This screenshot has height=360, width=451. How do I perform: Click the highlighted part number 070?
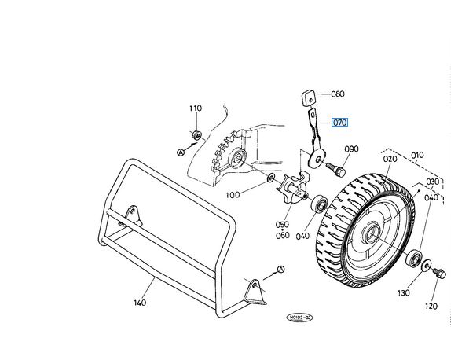[339, 123]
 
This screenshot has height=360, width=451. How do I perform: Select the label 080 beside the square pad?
[338, 94]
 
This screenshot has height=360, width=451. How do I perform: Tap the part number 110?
[196, 108]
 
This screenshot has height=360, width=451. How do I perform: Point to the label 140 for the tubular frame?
[140, 303]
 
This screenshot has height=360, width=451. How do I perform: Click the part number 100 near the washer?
[233, 195]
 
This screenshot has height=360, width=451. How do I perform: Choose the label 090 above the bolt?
[351, 149]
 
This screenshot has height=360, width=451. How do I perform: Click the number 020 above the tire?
[390, 159]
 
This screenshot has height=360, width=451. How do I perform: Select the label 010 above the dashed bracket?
[417, 156]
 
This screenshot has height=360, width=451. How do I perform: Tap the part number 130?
[404, 293]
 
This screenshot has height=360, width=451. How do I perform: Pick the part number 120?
[431, 307]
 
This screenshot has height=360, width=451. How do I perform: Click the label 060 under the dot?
[283, 235]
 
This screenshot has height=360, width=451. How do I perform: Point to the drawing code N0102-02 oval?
[299, 318]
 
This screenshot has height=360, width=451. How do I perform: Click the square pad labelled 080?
[307, 98]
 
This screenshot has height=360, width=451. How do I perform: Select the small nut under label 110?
[196, 134]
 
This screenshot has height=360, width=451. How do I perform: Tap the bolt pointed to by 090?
[336, 170]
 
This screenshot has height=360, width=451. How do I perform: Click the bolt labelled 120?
[439, 274]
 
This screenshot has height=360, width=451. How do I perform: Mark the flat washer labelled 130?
[426, 265]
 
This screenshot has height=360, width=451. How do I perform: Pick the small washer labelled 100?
[270, 178]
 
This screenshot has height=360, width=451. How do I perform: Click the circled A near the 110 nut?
[181, 152]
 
